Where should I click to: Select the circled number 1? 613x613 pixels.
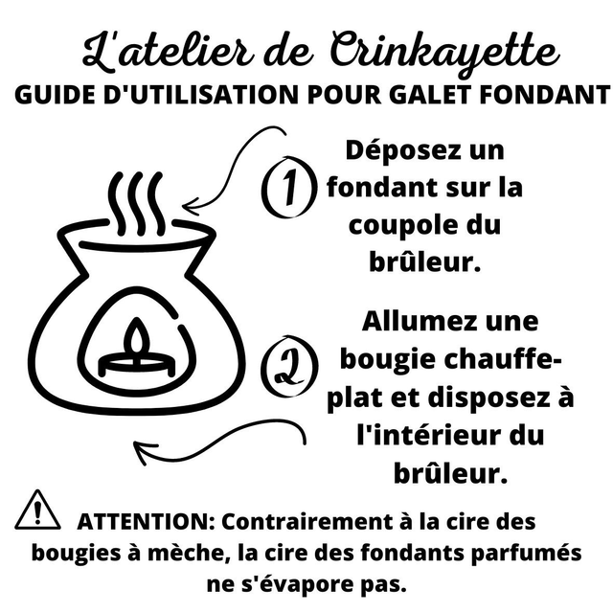pyautogui.click(x=289, y=187)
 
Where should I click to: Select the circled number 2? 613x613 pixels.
pyautogui.click(x=289, y=366)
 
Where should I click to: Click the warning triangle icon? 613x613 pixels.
pyautogui.click(x=37, y=511)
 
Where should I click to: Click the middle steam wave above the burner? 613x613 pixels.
pyautogui.click(x=136, y=202)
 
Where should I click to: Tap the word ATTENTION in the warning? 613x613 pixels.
pyautogui.click(x=147, y=522)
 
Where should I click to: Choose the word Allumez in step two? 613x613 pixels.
pyautogui.click(x=419, y=322)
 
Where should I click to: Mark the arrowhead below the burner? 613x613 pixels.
pyautogui.click(x=144, y=451)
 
